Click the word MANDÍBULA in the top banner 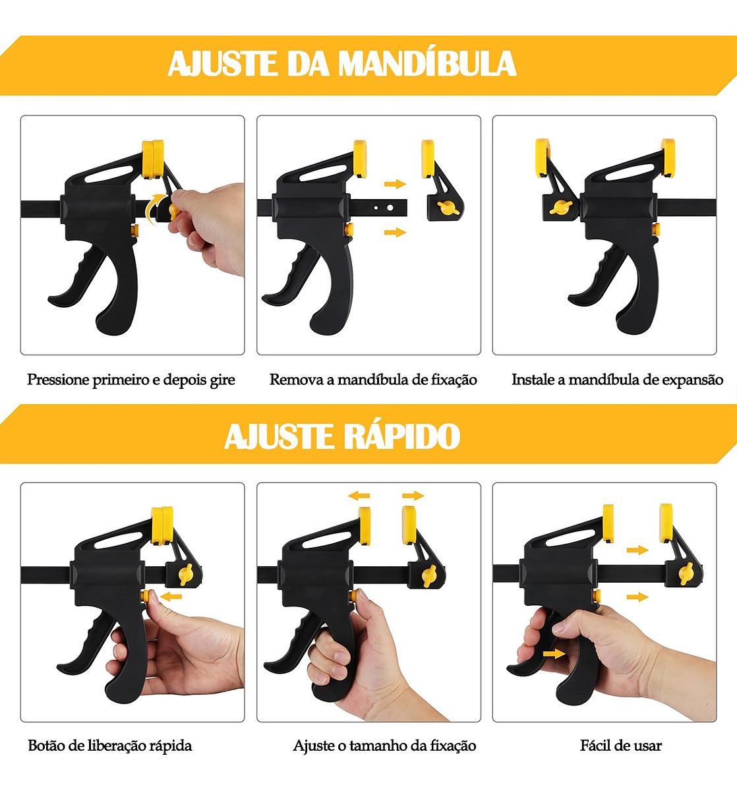427,64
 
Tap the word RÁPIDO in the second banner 401,436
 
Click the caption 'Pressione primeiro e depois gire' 131,380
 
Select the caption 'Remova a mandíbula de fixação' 373,380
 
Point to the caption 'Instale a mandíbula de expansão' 617,380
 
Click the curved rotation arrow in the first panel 156,207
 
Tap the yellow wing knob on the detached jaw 448,208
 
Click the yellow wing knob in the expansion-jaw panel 561,207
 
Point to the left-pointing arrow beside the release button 171,597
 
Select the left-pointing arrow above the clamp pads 359,496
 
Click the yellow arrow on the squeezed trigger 554,654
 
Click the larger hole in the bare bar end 390,208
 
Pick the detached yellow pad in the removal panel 427,158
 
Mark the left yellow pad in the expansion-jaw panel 542,158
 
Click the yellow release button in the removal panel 349,230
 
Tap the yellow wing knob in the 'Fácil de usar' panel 686,573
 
